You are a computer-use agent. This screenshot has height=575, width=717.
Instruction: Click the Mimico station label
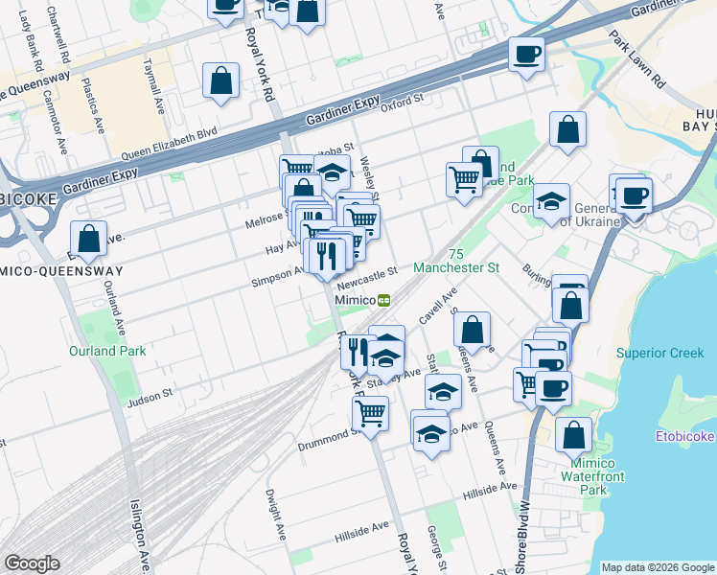tap(354, 299)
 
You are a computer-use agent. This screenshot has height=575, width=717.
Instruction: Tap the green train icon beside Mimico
tap(384, 299)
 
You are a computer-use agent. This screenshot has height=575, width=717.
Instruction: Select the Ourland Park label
tap(107, 351)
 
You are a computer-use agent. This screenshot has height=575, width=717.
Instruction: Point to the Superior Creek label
tap(659, 353)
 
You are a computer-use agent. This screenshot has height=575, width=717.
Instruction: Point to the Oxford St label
tap(401, 103)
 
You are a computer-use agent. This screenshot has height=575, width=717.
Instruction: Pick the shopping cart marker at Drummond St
tap(370, 412)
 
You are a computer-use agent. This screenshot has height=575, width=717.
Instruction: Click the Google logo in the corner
tap(32, 563)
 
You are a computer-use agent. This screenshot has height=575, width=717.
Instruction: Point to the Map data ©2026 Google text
tap(657, 567)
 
